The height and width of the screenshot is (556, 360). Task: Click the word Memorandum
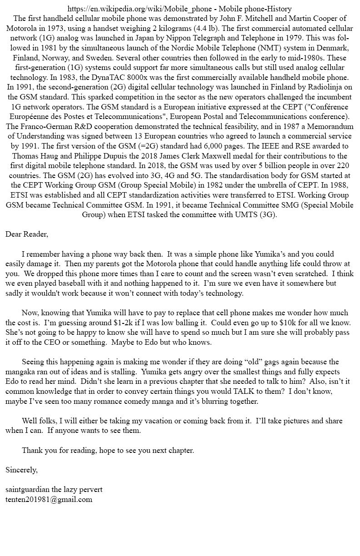pos(328,127)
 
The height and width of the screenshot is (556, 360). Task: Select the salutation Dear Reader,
pos(27,234)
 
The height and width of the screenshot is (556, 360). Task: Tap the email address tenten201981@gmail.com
pos(49,499)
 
